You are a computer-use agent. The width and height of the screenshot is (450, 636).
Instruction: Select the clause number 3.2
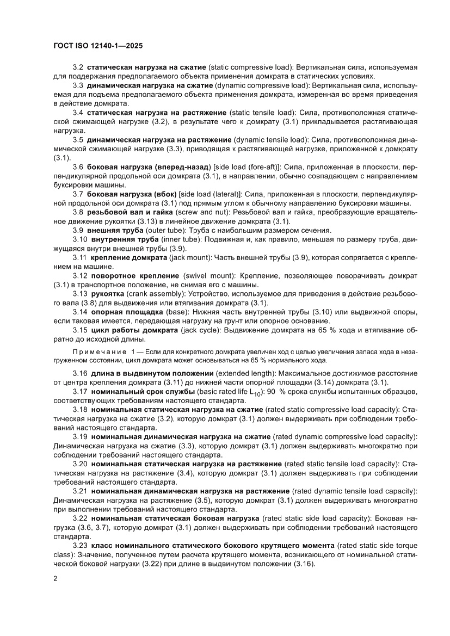(78, 67)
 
